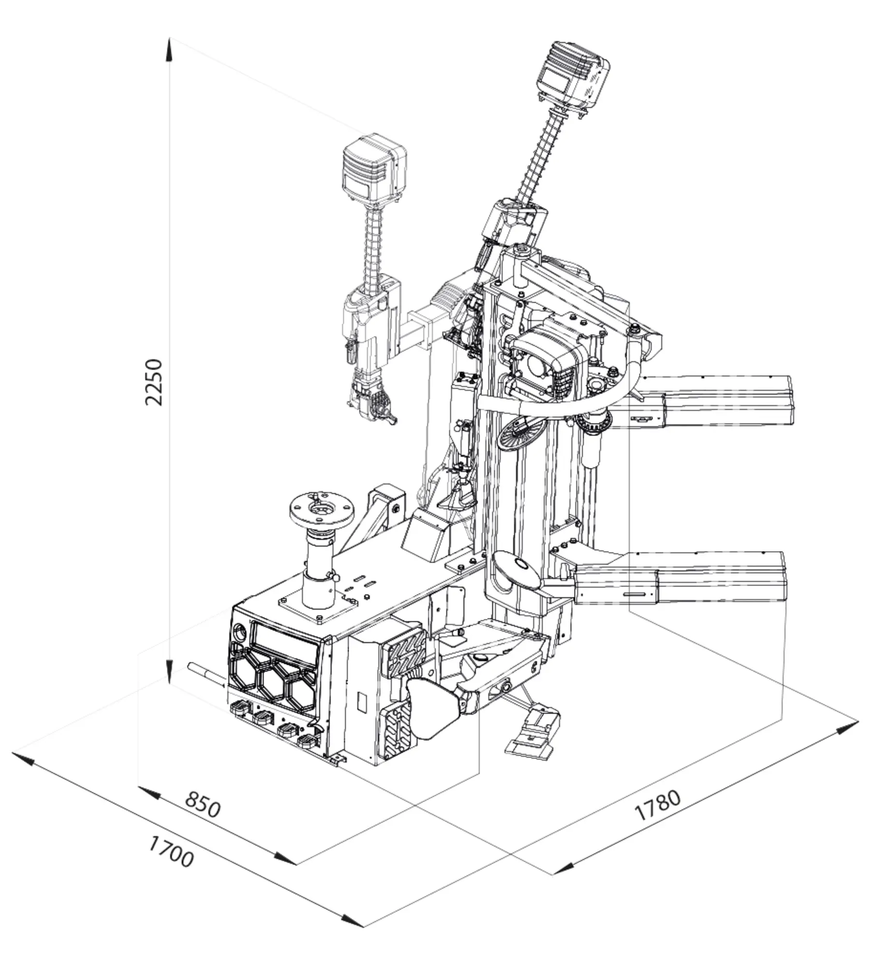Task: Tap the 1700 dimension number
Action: click(171, 865)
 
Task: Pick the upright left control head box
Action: click(374, 170)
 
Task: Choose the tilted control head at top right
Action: click(573, 76)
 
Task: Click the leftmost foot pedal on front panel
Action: click(240, 709)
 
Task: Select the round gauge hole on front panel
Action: click(240, 631)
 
